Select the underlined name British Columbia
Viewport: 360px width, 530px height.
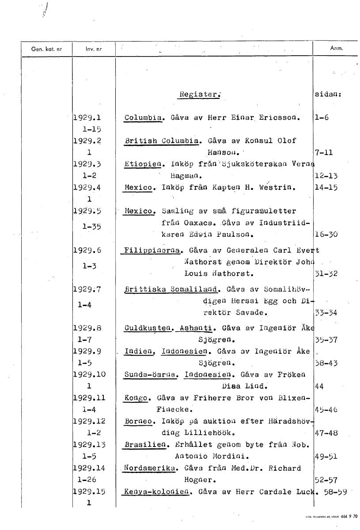pyautogui.click(x=161, y=141)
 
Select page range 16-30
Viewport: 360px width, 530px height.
pyautogui.click(x=327, y=234)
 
